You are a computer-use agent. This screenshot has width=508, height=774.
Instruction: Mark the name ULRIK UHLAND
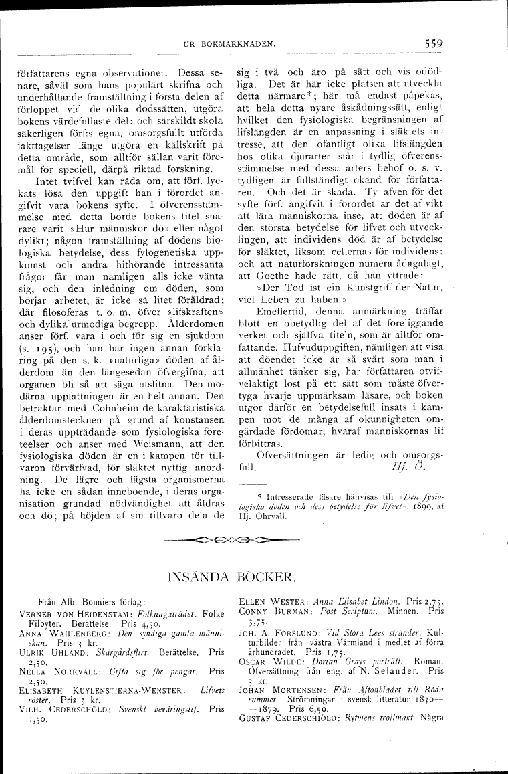[x=55, y=650]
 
